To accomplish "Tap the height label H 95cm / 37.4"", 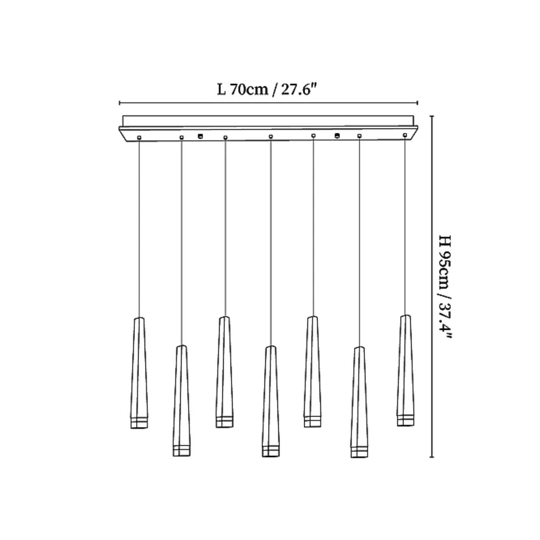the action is pyautogui.click(x=445, y=287).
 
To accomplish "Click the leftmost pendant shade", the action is pyautogui.click(x=139, y=373).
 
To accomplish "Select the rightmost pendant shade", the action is pyautogui.click(x=406, y=370).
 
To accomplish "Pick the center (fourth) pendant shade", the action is pyautogui.click(x=271, y=401).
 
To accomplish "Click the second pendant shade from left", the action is pyautogui.click(x=181, y=401).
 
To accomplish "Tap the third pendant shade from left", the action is pyautogui.click(x=225, y=372).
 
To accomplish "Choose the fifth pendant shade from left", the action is pyautogui.click(x=313, y=372).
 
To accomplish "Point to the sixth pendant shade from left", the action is pyautogui.click(x=359, y=402).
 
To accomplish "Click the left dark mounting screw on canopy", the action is pyautogui.click(x=201, y=136).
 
